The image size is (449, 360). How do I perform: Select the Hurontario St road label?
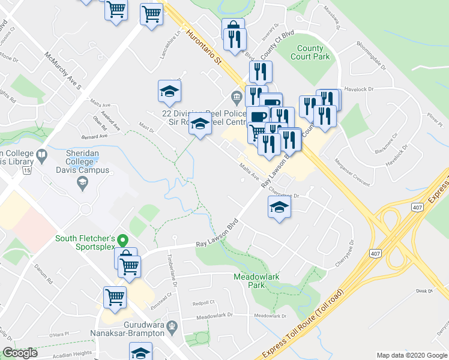(x=204, y=46)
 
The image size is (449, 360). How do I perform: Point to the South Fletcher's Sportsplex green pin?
(x=122, y=241)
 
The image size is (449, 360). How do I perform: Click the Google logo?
(x=20, y=353)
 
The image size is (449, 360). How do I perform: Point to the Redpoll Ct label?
(x=204, y=303)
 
